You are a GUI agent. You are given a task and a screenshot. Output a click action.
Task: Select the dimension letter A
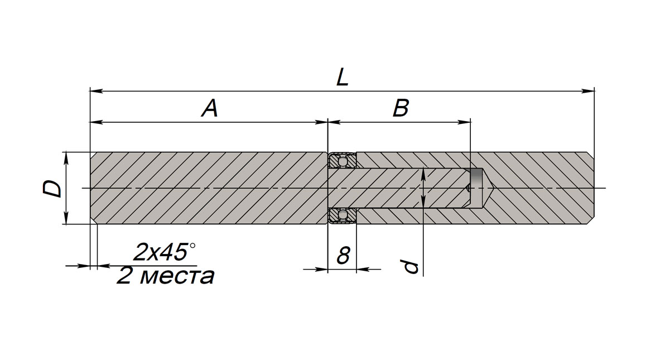(210, 108)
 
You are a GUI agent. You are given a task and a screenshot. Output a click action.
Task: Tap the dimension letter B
(401, 108)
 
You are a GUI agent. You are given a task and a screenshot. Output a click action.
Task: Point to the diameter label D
(52, 188)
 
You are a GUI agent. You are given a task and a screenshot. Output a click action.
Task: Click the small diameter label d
(410, 267)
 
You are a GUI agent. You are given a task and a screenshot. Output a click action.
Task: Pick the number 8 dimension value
(343, 256)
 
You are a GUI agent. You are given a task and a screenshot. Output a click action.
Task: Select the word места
(177, 276)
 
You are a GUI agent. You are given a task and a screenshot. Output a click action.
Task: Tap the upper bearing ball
(343, 162)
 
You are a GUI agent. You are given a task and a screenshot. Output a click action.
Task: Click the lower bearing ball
(343, 214)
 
